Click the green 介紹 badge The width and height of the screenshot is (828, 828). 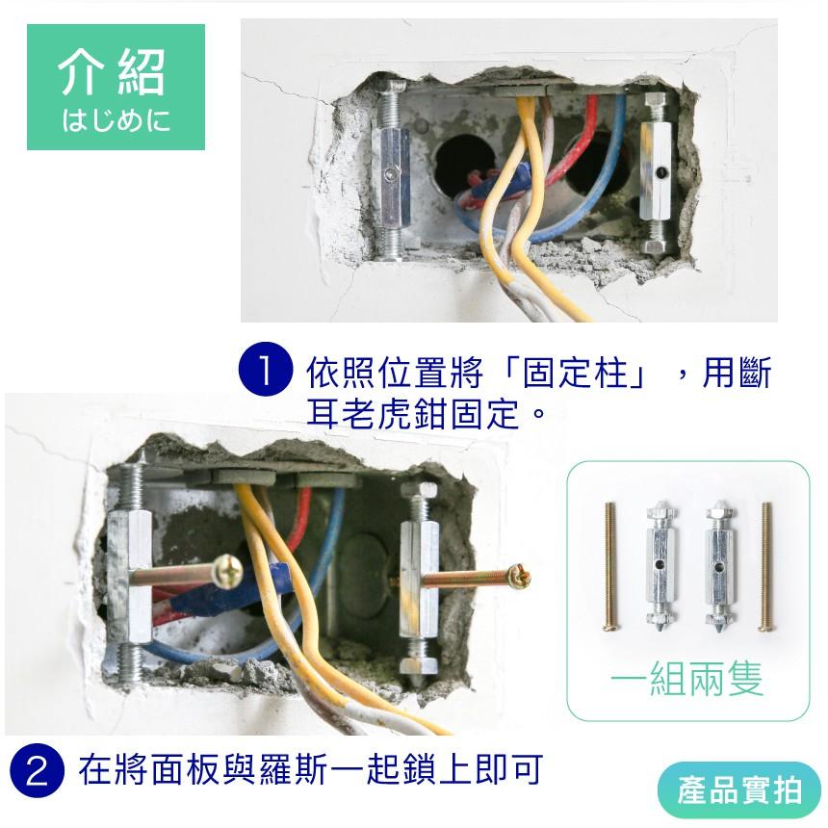coord(116,87)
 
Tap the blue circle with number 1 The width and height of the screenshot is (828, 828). coord(264,373)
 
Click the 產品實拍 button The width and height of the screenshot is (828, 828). coord(739,791)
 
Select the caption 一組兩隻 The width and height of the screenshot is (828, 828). coord(687,680)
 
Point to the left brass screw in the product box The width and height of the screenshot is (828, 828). coord(608,566)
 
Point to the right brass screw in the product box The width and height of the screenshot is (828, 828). coord(766,566)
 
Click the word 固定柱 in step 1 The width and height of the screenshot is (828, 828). coord(575,373)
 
